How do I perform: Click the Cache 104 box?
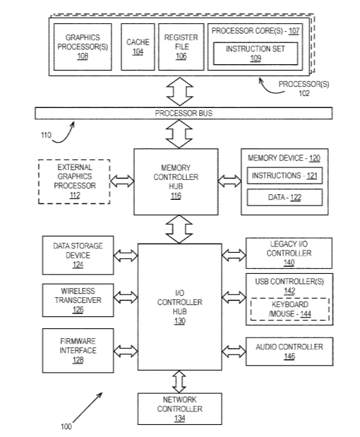[x=138, y=47]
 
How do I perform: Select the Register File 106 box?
[x=181, y=47]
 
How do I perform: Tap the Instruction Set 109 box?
[x=256, y=54]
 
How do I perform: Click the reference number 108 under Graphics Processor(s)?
[x=83, y=56]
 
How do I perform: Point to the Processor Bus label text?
[x=184, y=113]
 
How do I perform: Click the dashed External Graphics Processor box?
[x=74, y=181]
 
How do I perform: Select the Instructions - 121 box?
[x=284, y=176]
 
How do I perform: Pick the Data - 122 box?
[x=284, y=197]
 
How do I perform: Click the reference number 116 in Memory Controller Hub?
[x=176, y=196]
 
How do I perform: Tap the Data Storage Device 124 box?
[x=78, y=256]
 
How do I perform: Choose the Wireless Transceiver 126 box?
[x=78, y=300]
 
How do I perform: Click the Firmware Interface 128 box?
[x=78, y=351]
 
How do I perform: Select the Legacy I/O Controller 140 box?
[x=289, y=253]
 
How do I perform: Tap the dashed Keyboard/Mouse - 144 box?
[x=290, y=309]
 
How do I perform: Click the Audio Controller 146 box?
[x=289, y=352]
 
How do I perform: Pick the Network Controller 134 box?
[x=180, y=409]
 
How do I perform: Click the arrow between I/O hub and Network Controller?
[x=179, y=381]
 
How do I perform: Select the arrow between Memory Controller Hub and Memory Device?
[x=229, y=181]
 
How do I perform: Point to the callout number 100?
[x=66, y=426]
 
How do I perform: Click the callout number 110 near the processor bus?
[x=46, y=135]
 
